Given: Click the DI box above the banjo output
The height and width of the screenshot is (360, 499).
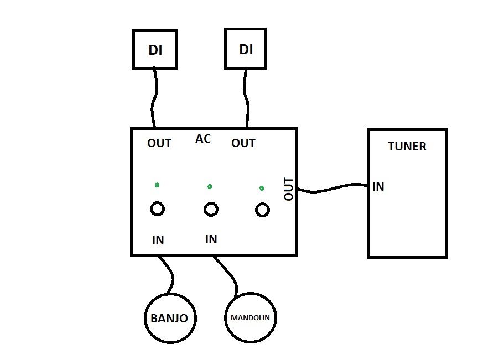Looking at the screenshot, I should [155, 49].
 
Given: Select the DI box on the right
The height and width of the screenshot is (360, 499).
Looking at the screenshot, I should [246, 49].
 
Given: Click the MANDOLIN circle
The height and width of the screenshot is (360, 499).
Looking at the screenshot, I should [251, 318].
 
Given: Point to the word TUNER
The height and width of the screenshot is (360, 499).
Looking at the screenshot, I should [408, 147].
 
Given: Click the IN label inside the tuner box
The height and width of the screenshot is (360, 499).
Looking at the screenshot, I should [378, 187].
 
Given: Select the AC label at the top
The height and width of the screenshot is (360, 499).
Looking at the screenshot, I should [203, 139].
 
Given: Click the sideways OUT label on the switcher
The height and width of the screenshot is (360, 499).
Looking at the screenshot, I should [289, 189].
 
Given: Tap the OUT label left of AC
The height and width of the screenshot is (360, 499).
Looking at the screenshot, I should [159, 143].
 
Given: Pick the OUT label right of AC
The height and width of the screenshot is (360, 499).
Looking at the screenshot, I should [243, 143].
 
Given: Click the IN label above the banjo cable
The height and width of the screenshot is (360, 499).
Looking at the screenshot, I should [158, 240].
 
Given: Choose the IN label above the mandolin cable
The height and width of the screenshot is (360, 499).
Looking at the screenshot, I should [211, 239].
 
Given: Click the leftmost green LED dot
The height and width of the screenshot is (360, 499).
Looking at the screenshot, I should [157, 184].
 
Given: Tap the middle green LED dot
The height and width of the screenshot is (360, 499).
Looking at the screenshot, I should [210, 186].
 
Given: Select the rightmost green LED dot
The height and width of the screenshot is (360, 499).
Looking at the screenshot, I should [262, 189].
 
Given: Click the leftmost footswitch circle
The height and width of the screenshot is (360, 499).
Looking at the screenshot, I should [158, 208].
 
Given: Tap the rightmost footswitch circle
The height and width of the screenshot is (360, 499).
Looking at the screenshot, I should [262, 210].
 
